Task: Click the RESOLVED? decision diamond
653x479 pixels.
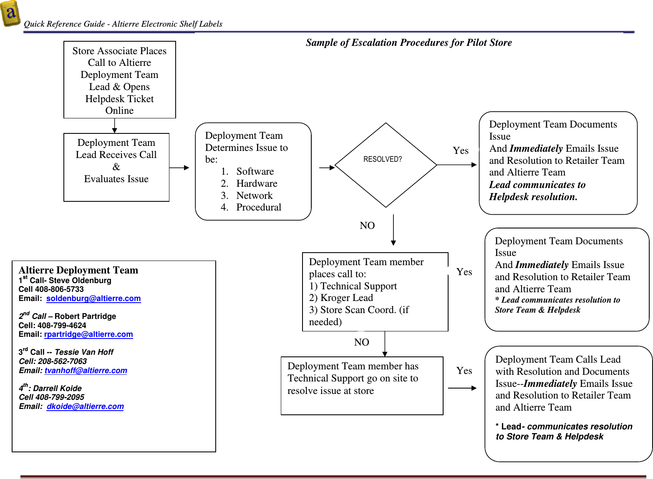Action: tap(386, 165)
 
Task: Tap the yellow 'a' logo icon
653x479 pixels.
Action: tap(10, 13)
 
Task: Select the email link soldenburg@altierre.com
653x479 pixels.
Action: tap(93, 298)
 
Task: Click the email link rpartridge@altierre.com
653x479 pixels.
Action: tap(88, 334)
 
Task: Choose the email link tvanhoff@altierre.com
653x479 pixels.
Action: tap(86, 371)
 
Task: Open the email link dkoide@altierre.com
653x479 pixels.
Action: tap(85, 406)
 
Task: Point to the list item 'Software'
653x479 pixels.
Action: tap(255, 171)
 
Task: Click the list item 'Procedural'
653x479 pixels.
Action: tap(259, 207)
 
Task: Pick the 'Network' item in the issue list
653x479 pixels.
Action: tap(254, 196)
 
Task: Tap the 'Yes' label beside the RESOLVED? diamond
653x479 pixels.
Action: tap(461, 150)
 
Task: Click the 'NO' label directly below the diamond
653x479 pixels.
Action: tap(367, 226)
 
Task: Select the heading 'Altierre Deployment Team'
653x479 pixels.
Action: tap(78, 270)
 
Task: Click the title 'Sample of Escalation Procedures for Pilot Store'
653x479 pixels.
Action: tap(408, 43)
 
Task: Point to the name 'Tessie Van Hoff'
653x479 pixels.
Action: tap(84, 352)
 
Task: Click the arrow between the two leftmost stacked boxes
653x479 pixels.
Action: tap(115, 125)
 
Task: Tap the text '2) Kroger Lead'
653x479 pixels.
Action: tap(341, 298)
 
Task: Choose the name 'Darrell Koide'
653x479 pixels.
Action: tap(58, 389)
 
